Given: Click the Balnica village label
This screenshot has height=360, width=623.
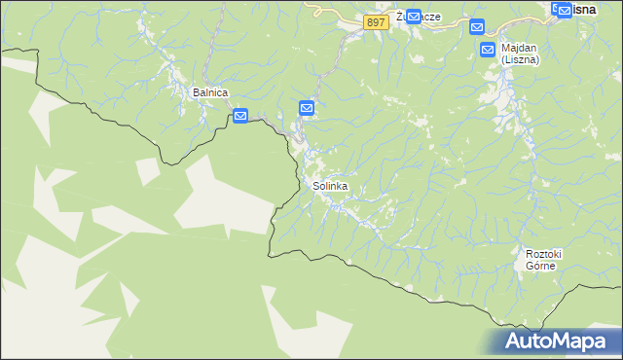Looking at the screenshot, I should tap(210, 92).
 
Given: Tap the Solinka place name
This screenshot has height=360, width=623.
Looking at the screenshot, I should tap(330, 185).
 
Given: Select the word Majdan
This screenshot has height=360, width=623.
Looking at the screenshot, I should tap(521, 47).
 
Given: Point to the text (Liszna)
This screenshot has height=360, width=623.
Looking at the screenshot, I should tap(521, 59).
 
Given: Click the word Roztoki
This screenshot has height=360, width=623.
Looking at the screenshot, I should tap(543, 254).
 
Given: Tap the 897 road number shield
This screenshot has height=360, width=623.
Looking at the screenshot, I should tap(377, 22).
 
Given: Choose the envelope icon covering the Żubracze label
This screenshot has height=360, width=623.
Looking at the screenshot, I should tap(413, 17).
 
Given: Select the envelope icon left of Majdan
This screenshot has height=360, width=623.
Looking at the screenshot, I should tap(489, 49).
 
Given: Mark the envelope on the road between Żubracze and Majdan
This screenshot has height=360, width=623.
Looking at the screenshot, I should tap(476, 26).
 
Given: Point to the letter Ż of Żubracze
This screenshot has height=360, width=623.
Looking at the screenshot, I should tap(400, 17).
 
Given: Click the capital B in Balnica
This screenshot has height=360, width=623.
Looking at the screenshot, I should tap(197, 92).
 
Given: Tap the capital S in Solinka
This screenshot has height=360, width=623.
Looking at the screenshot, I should tap(315, 185).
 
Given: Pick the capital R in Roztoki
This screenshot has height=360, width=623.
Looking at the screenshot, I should tap(529, 254).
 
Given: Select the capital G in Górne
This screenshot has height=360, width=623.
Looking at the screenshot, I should tap(529, 266).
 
